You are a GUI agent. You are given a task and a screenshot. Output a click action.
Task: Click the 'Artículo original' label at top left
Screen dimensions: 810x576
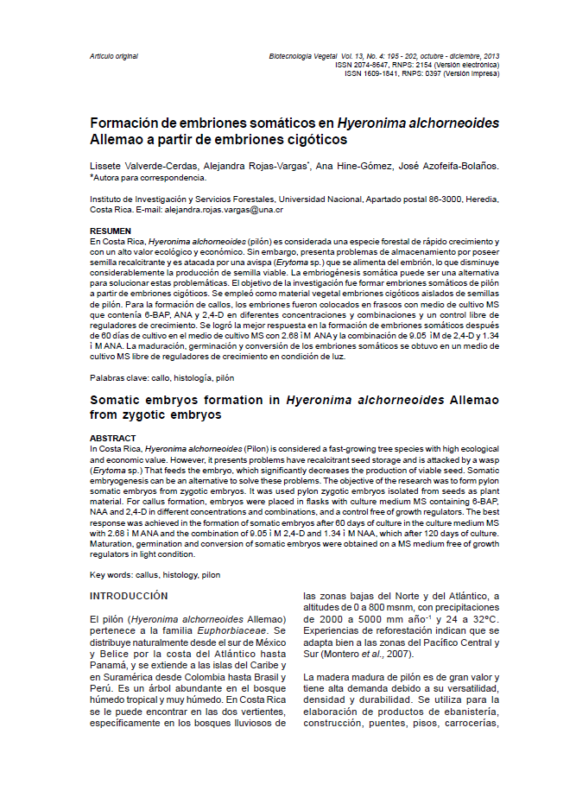click(114, 56)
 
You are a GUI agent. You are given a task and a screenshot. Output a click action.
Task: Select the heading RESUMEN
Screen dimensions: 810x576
click(111, 231)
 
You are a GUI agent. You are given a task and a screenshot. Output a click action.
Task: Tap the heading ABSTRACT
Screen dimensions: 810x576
click(112, 438)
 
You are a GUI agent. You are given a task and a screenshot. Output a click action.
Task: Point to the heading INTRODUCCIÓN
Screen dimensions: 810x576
click(130, 597)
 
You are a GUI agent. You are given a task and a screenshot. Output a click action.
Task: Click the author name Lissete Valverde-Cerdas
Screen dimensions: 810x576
click(144, 165)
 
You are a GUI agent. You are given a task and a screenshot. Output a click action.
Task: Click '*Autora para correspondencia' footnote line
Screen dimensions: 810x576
click(149, 178)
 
